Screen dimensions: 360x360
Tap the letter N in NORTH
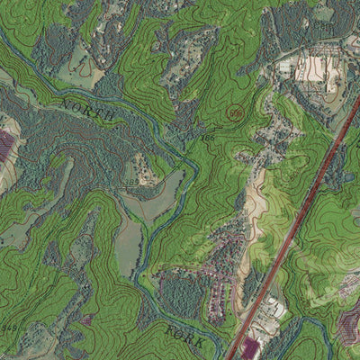click(x=66, y=103)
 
